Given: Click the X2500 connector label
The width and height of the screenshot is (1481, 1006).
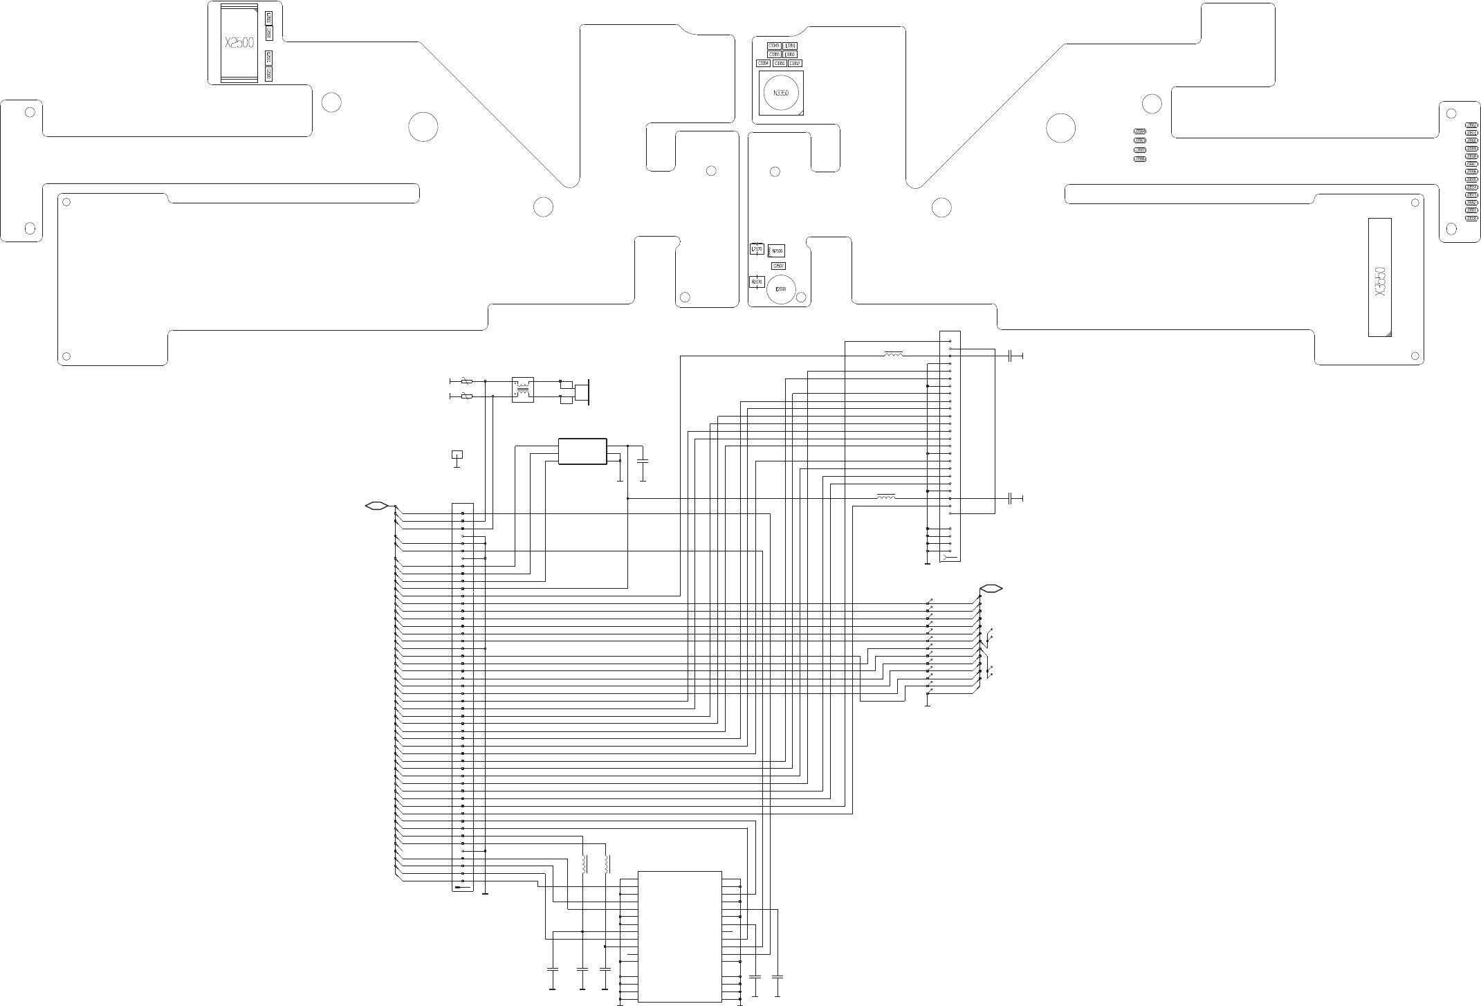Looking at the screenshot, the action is click(x=239, y=43).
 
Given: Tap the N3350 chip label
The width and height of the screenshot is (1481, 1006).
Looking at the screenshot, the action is click(x=780, y=93).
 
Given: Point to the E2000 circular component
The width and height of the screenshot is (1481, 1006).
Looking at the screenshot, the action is click(x=781, y=289).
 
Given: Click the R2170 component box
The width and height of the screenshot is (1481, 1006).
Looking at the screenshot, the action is click(x=756, y=282).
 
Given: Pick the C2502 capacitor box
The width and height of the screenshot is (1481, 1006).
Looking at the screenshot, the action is click(x=778, y=266).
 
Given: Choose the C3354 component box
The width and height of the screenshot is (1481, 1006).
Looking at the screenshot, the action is click(x=763, y=63).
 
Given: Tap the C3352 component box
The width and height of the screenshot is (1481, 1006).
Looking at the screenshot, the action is click(x=795, y=63).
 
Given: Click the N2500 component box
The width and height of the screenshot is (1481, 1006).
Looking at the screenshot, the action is click(x=777, y=250).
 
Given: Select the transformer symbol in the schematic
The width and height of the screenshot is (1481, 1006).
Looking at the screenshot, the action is click(x=522, y=390).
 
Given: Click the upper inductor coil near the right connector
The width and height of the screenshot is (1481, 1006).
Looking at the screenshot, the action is click(x=893, y=355).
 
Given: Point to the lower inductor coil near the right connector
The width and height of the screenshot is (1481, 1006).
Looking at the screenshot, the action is click(x=885, y=497).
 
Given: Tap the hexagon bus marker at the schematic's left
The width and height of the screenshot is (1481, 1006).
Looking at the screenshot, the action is click(x=376, y=506).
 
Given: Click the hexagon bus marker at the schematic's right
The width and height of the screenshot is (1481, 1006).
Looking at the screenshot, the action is click(x=991, y=589).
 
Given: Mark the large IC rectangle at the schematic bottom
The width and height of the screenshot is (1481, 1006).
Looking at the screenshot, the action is click(x=679, y=938).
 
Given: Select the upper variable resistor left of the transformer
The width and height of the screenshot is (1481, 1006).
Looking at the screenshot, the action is click(x=467, y=381).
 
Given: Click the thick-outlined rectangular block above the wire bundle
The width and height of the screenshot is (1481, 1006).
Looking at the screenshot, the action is click(x=582, y=451).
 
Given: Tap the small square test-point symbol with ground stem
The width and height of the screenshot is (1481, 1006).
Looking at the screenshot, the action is click(x=457, y=455).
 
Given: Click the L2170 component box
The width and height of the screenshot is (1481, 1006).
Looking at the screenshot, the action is click(x=756, y=249).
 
